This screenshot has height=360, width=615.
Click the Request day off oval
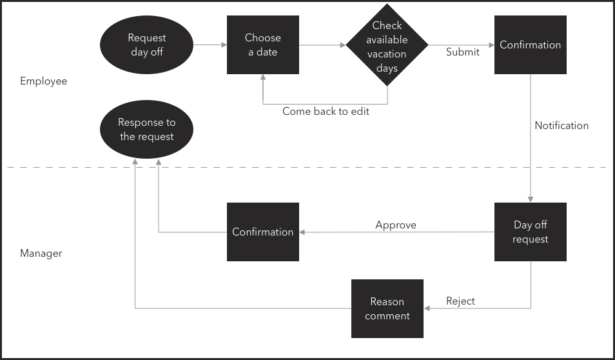click(147, 45)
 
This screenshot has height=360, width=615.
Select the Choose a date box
click(263, 45)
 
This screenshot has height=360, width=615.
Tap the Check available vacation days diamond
click(387, 46)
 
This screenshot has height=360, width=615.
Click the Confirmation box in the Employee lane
click(530, 45)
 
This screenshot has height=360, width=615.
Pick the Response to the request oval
click(147, 129)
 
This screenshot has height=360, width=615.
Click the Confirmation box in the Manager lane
click(263, 232)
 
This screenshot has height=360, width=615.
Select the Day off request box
click(530, 232)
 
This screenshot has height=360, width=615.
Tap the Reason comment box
click(387, 308)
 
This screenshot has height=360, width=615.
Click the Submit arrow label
click(462, 52)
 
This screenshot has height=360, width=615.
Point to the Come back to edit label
click(326, 112)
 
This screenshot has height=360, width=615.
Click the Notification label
click(561, 126)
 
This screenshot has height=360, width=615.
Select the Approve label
click(396, 225)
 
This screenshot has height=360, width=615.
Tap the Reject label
click(460, 301)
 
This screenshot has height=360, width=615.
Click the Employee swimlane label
click(43, 81)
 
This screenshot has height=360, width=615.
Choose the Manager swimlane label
click(41, 254)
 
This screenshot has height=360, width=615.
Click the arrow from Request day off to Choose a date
click(210, 45)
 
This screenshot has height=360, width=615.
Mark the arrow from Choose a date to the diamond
click(322, 45)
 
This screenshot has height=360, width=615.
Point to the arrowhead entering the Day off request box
click(531, 199)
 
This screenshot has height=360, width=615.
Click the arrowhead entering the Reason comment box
click(427, 308)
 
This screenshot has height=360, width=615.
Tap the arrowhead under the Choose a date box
click(263, 77)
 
